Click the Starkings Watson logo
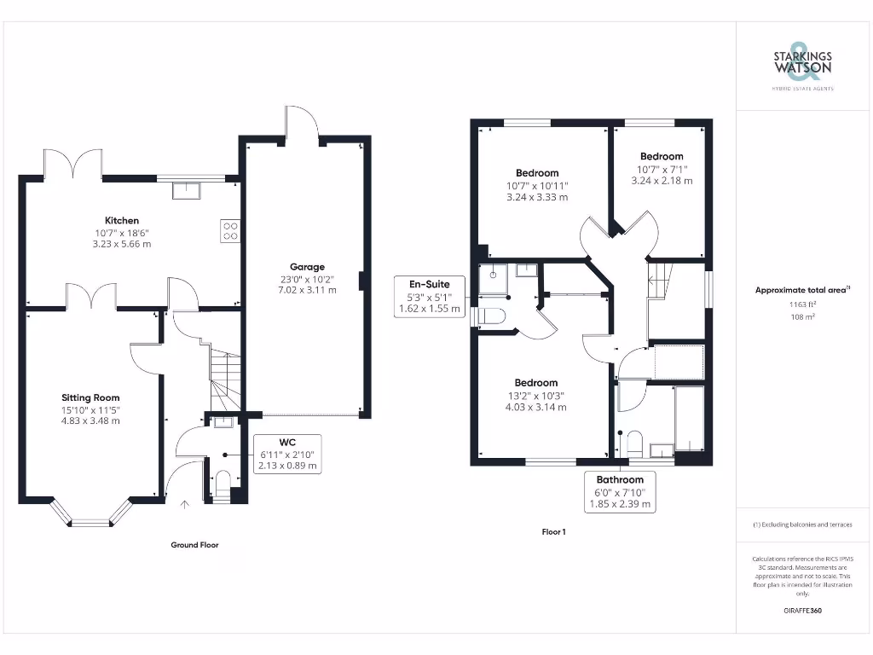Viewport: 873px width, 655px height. pyautogui.click(x=802, y=64)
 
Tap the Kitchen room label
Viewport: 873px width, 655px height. pyautogui.click(x=122, y=221)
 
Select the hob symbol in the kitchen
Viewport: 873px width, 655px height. pyautogui.click(x=230, y=230)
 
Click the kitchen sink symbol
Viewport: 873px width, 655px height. pyautogui.click(x=186, y=190)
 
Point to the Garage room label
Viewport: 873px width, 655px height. pyautogui.click(x=308, y=267)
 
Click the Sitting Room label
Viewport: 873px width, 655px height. pyautogui.click(x=90, y=397)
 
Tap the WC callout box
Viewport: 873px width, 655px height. pyautogui.click(x=287, y=454)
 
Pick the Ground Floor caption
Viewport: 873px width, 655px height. pyautogui.click(x=194, y=545)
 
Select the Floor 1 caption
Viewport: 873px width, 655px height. pyautogui.click(x=553, y=532)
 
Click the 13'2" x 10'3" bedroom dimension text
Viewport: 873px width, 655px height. pyautogui.click(x=536, y=395)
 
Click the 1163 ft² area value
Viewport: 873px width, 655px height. pyautogui.click(x=801, y=304)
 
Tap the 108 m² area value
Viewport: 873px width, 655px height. pyautogui.click(x=801, y=316)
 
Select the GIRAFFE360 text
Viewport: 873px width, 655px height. pyautogui.click(x=801, y=611)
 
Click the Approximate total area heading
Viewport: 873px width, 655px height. pyautogui.click(x=801, y=291)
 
